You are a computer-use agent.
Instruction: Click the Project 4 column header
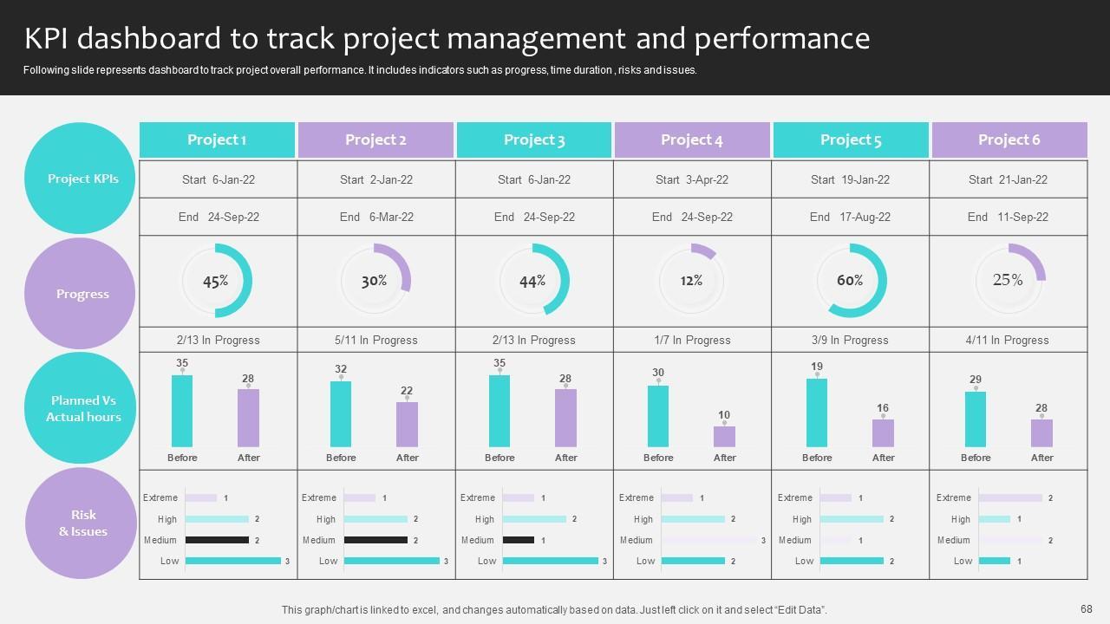pos(692,140)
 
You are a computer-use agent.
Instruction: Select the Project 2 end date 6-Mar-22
pos(376,218)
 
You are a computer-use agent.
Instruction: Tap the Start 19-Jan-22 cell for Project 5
pos(850,180)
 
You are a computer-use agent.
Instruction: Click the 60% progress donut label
pos(850,281)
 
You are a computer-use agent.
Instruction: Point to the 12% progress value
pos(691,281)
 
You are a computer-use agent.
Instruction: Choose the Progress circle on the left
pos(82,294)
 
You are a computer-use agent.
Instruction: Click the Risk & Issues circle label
pos(82,523)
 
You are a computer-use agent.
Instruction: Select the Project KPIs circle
pos(82,179)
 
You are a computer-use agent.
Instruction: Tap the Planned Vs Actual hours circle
pos(82,408)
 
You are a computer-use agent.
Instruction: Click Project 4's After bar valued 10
pos(724,437)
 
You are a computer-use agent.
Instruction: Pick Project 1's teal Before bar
pos(182,411)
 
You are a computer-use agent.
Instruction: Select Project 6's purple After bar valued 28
pos(1041,433)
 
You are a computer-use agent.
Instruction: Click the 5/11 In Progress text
pos(376,341)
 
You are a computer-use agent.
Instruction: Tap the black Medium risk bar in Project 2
pos(375,540)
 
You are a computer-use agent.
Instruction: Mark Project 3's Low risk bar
pos(552,561)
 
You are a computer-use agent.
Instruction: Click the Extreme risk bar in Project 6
pos(1010,498)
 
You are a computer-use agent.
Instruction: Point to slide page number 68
pos(1087,609)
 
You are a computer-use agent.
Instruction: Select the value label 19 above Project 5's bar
pos(817,367)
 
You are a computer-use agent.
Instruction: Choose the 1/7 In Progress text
pos(692,341)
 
